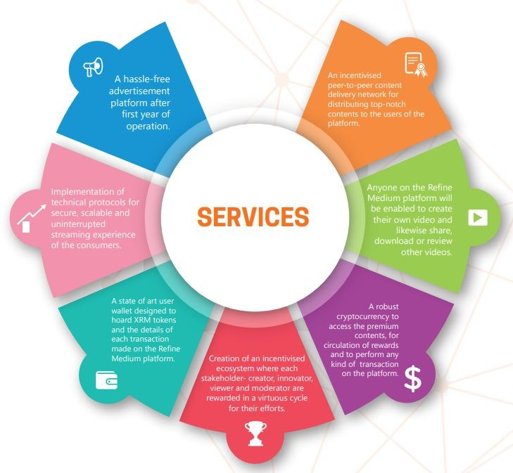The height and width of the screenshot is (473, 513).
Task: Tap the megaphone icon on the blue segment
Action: (94, 66)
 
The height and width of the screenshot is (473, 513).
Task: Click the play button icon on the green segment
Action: (479, 216)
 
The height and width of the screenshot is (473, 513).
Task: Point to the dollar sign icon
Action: (412, 380)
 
